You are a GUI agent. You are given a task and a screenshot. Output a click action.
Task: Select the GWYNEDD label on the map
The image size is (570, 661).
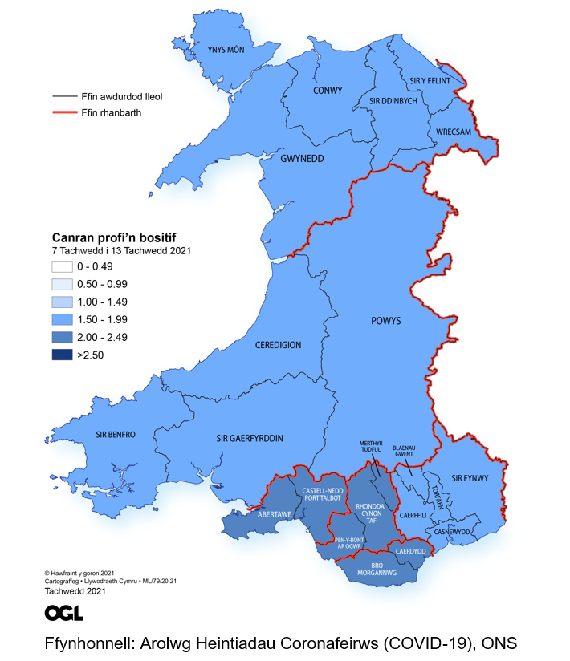pyautogui.click(x=302, y=159)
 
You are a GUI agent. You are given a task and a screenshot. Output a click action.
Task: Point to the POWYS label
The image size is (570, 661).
pyautogui.click(x=385, y=321)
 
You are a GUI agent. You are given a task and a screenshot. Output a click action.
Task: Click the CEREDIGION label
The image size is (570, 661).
pyautogui.click(x=278, y=345)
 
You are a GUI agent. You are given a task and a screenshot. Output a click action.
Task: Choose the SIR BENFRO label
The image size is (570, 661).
pyautogui.click(x=116, y=434)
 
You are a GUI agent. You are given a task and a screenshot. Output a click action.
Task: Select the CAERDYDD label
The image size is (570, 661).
pyautogui.click(x=409, y=553)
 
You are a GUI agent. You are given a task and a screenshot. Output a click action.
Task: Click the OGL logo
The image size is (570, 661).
pyautogui.click(x=63, y=614)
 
